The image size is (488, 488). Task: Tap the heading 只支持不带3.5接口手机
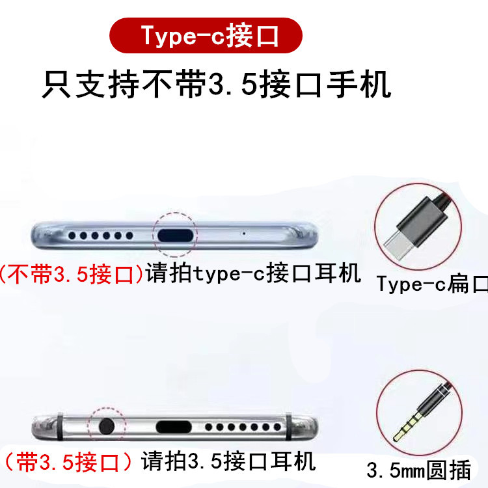click(216, 85)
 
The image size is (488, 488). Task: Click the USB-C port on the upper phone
click(174, 234)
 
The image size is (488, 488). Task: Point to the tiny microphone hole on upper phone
click(243, 233)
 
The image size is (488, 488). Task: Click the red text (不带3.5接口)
click(72, 274)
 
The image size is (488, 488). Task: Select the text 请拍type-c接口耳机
click(253, 274)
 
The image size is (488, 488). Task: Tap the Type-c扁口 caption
click(431, 284)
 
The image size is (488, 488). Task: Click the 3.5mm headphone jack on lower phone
click(106, 427)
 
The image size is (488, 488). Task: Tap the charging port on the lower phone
click(174, 427)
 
